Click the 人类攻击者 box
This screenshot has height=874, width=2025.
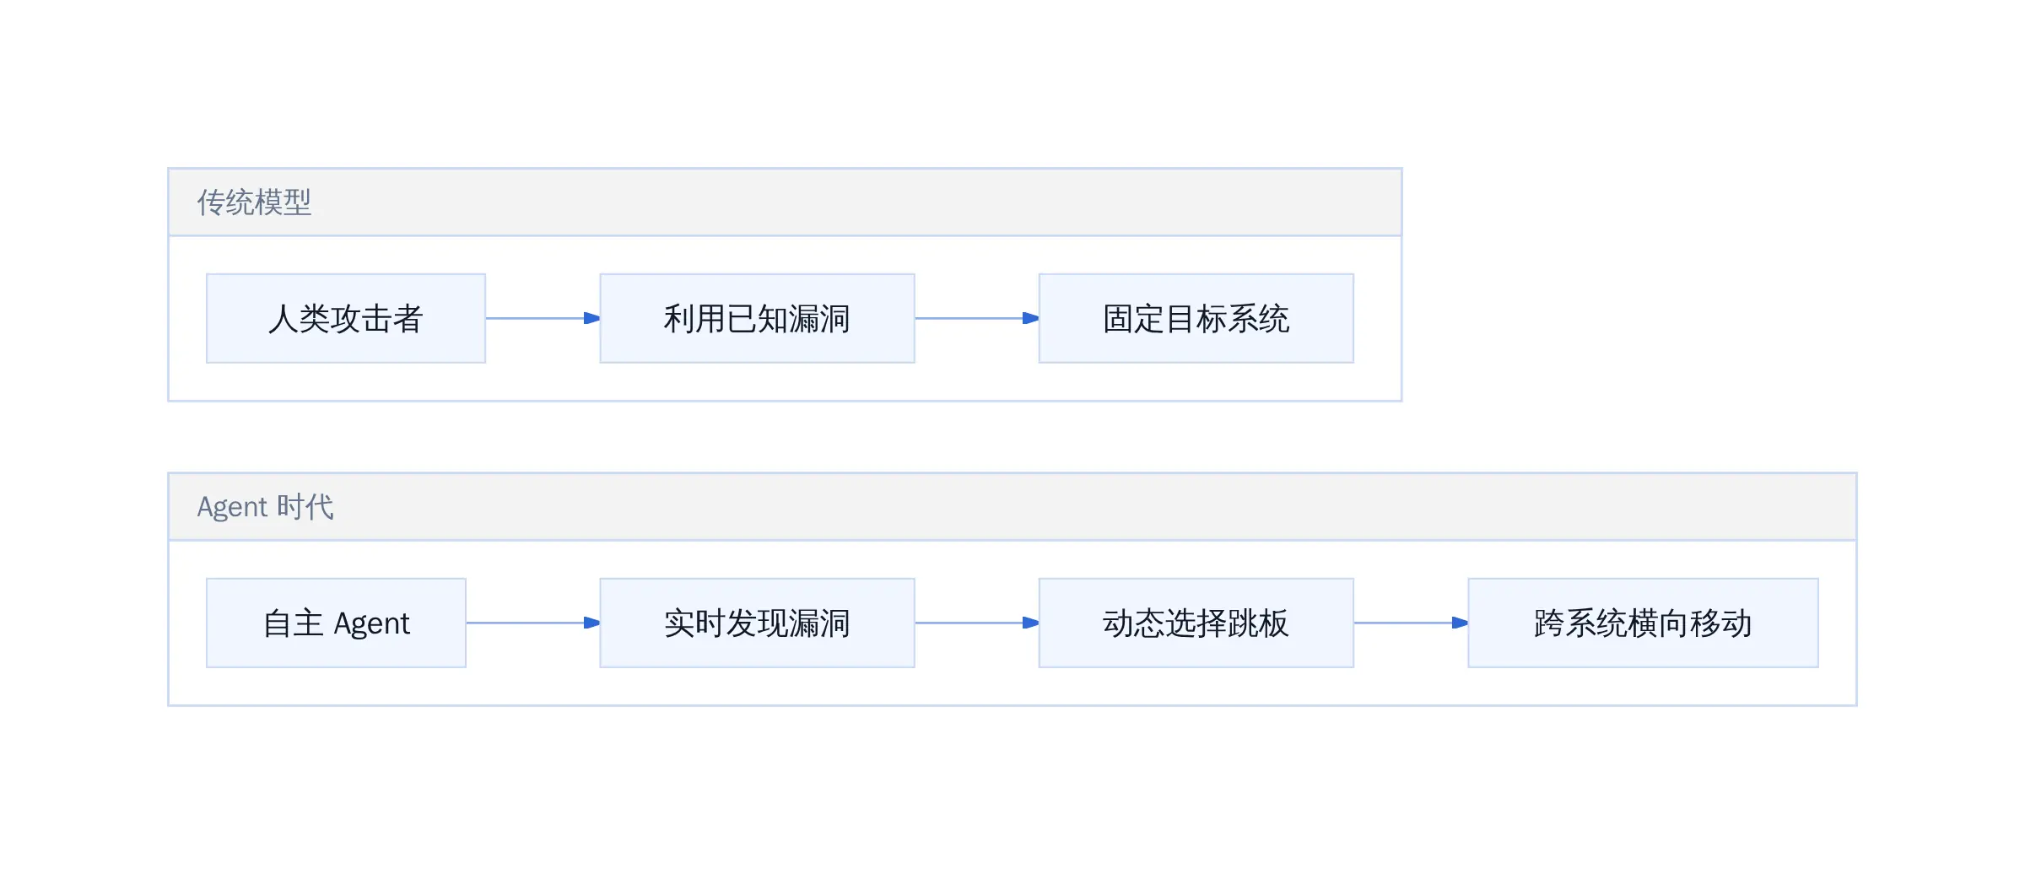346,318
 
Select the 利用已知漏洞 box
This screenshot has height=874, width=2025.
757,318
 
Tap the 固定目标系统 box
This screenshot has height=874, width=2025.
1196,318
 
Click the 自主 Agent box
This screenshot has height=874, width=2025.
336,623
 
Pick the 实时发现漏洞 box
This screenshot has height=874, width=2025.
757,623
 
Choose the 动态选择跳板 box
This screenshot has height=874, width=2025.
1196,623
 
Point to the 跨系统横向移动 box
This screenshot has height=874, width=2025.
1643,623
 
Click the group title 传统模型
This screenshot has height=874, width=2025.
254,202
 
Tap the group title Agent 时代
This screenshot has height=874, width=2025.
265,507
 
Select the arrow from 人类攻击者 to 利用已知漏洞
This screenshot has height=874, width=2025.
543,318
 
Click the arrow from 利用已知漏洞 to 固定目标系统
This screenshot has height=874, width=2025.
977,318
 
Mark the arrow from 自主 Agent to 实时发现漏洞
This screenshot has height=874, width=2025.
533,623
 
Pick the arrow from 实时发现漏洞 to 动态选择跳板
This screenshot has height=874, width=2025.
977,623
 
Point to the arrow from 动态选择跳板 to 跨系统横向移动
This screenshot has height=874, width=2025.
1411,623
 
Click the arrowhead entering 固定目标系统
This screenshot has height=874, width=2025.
1030,318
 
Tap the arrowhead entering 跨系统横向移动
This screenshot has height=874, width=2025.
1460,623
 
